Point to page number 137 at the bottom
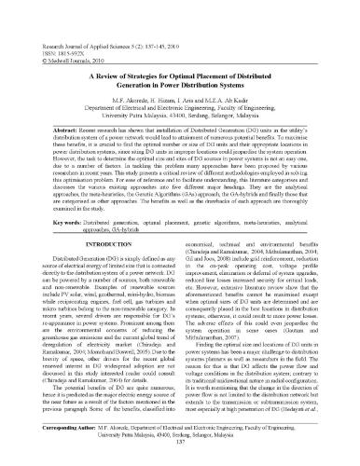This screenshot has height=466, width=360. tap(180, 455)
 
